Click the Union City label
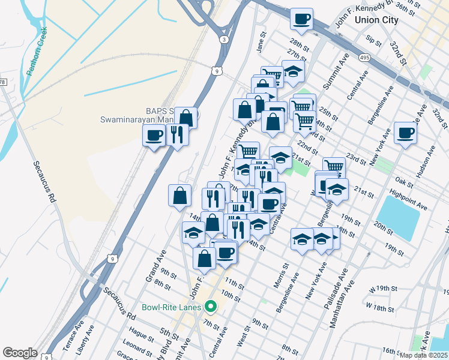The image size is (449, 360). [x=376, y=20]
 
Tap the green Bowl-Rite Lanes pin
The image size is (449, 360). [x=210, y=307]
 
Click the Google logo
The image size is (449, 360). [x=20, y=353]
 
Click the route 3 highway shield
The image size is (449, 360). [x=224, y=40]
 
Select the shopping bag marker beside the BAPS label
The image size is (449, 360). [x=187, y=117]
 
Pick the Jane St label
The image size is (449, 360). [x=261, y=43]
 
